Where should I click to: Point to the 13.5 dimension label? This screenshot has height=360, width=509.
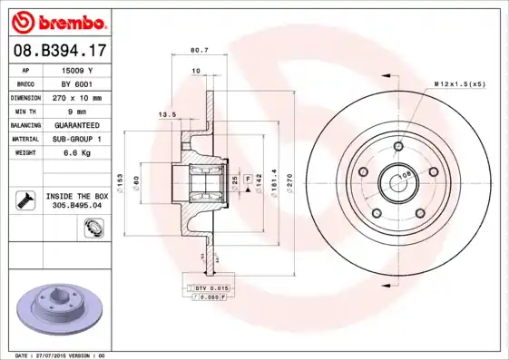[x=167, y=115]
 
